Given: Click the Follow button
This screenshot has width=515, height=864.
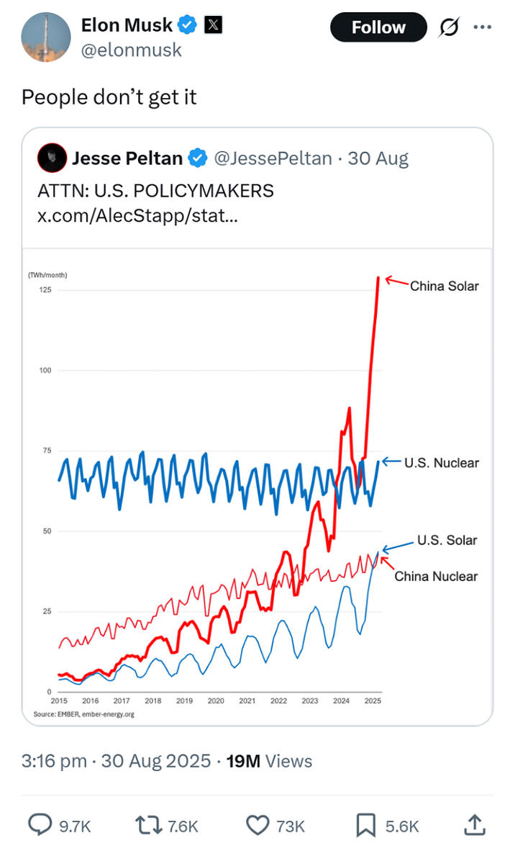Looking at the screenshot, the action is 378,27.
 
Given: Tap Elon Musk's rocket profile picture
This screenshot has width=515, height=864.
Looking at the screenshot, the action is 46,37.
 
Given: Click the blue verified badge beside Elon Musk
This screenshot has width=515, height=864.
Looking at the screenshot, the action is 187,24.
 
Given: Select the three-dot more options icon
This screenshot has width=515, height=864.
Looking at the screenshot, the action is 482,27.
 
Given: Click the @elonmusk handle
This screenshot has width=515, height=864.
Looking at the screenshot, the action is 132,50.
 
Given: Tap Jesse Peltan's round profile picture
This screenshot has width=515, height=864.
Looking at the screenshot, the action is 52,158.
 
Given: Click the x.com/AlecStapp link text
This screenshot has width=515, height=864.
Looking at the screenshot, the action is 137,215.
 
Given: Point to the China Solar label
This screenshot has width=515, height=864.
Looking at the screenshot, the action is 444,286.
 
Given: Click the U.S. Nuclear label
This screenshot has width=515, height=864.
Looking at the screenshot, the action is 442,462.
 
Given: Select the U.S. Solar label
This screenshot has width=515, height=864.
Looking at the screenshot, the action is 447,540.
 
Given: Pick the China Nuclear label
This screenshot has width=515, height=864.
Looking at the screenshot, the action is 436,576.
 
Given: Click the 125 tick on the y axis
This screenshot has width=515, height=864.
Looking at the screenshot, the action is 45,289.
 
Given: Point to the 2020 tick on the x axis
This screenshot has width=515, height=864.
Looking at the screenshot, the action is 216,701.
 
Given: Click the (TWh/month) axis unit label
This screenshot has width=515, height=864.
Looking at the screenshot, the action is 47,275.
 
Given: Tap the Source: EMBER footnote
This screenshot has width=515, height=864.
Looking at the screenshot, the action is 83,714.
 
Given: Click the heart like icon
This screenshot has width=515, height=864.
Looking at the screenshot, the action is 257,825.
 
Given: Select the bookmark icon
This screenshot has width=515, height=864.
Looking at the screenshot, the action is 366,825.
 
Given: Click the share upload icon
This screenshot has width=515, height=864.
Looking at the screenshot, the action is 475,824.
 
